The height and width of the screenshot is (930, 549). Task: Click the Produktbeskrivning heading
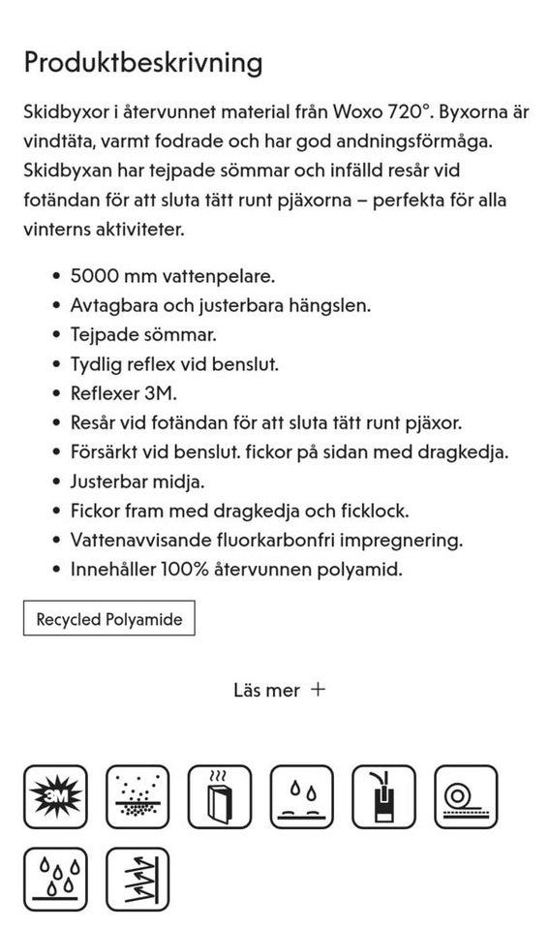point(143,63)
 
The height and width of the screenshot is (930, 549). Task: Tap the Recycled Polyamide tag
point(108,619)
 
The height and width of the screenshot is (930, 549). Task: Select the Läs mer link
point(266,690)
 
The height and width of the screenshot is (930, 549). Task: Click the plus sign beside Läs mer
point(318,690)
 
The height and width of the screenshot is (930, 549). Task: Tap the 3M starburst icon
point(55,796)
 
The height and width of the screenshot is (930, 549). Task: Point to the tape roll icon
point(466,796)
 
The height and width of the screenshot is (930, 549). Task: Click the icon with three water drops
point(55,879)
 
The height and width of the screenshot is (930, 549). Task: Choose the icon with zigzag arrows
point(137,879)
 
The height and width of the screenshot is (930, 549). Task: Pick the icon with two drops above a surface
point(301,796)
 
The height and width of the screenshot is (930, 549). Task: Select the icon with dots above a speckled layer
point(137,796)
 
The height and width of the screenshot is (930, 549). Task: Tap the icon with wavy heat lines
point(220,796)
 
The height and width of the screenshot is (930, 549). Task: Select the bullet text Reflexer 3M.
point(124,393)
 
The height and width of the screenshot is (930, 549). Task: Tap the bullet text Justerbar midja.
point(137,480)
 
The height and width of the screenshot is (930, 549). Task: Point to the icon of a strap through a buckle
point(383,796)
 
